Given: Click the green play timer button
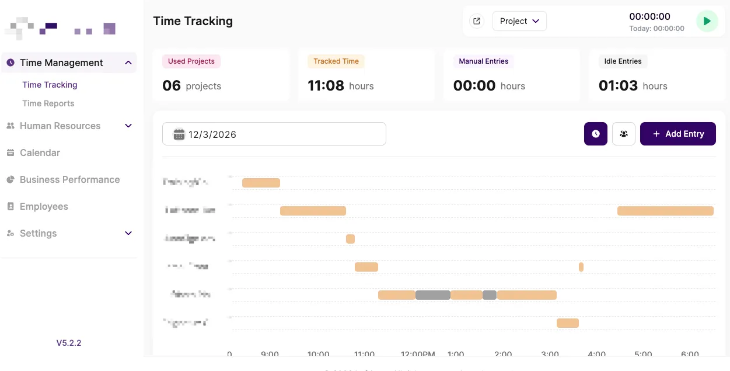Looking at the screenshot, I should point(707,22).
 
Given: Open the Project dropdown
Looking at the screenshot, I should point(519,22).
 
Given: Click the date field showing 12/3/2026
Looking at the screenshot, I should point(274,134).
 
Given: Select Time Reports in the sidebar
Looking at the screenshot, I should point(48,103).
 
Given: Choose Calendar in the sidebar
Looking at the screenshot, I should point(40,152).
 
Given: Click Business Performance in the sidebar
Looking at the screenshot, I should point(69,179).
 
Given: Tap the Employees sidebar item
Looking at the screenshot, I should point(44,206).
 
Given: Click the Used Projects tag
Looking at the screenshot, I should point(191,61).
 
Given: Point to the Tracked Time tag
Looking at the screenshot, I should point(336,61).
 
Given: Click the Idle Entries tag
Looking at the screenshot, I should point(623,61).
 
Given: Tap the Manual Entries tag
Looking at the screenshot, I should point(483,61).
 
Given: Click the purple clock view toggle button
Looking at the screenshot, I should point(595,134).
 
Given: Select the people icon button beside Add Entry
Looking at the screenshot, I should point(623,134).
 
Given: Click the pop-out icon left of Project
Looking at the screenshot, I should point(477,22).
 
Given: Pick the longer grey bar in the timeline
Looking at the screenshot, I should point(432,295).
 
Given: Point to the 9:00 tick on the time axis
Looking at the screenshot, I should point(270,355).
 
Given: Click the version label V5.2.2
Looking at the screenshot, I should point(69,343).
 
